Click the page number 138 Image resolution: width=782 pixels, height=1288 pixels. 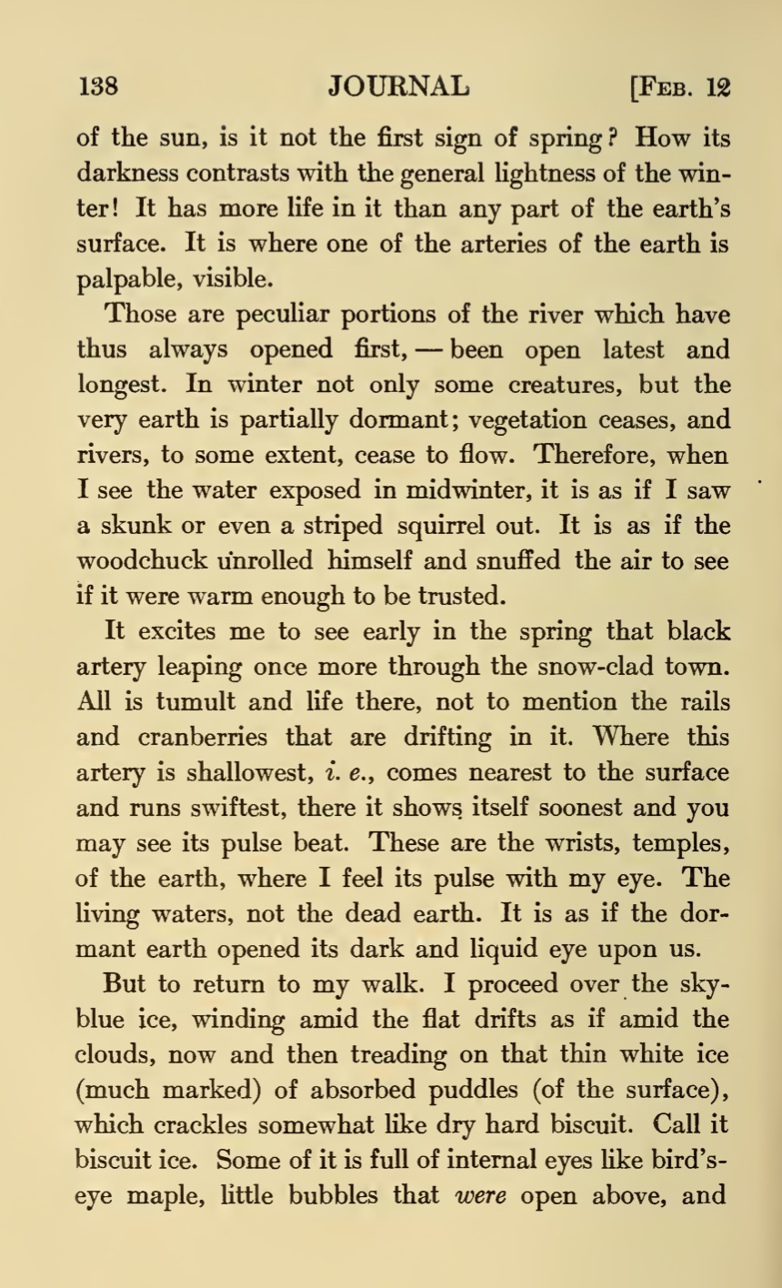click(x=97, y=87)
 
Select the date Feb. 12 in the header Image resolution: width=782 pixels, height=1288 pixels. click(x=681, y=88)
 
